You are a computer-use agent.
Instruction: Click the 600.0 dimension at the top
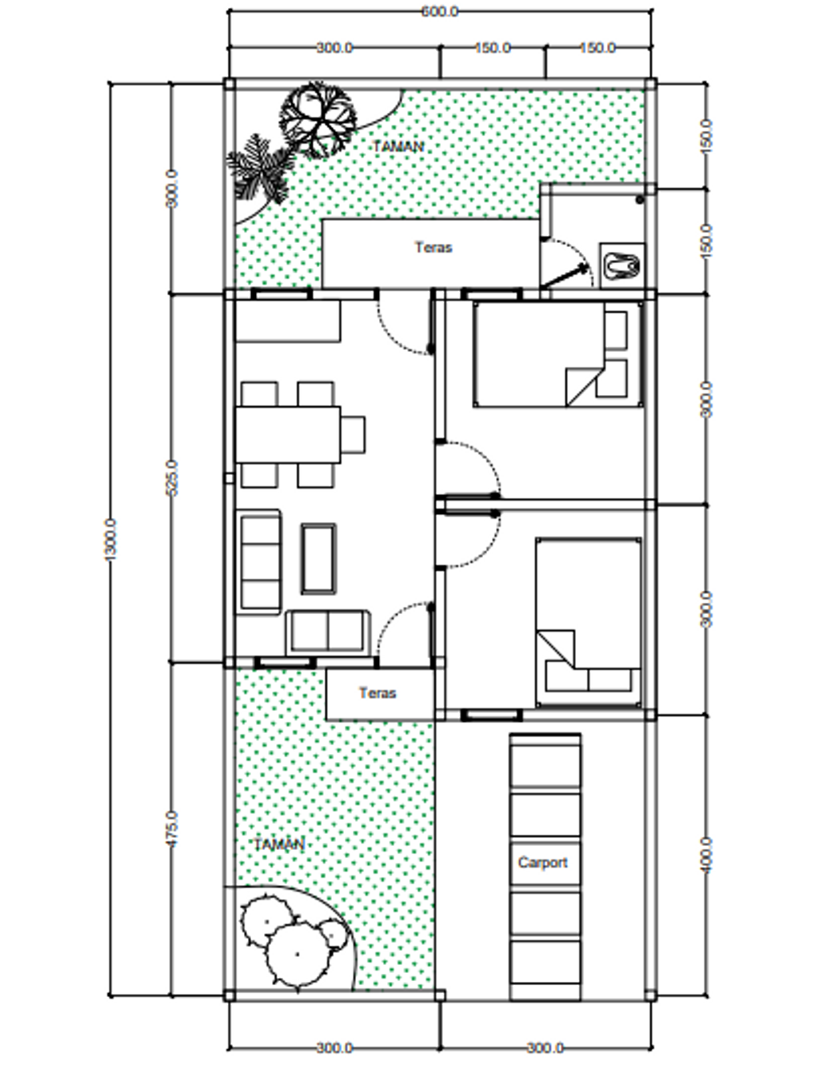439,11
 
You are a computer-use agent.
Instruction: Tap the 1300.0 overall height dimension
110,540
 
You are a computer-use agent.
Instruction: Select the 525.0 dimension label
171,477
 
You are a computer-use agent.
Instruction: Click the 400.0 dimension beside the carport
707,856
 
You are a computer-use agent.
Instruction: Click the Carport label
542,863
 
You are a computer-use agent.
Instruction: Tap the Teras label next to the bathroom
433,247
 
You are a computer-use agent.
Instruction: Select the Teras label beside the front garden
378,693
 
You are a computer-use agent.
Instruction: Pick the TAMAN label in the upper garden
398,147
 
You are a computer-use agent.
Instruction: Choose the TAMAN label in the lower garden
279,844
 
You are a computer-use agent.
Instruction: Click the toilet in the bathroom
622,266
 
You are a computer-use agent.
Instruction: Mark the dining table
288,434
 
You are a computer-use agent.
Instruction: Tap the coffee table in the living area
319,559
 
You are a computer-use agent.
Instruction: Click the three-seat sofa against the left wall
261,562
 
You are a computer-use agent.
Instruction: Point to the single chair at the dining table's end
353,435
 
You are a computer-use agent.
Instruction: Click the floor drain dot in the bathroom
640,200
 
